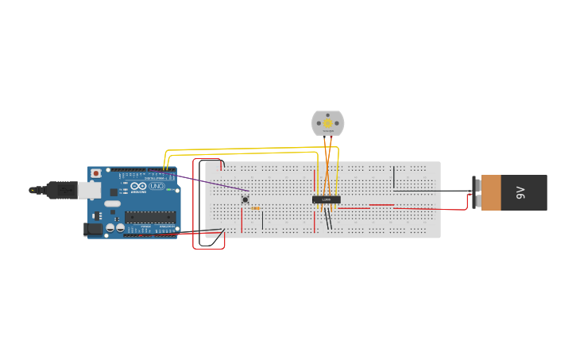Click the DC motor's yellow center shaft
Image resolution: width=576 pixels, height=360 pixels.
tap(327, 123)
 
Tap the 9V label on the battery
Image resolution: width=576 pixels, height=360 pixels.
tap(521, 192)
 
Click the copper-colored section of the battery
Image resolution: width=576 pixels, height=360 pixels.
tap(491, 192)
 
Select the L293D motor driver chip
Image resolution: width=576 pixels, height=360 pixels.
tap(327, 199)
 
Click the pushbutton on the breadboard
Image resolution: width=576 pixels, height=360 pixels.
tap(245, 199)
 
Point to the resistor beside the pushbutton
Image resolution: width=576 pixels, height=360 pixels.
tap(255, 208)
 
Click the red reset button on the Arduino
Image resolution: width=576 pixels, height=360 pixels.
tap(96, 173)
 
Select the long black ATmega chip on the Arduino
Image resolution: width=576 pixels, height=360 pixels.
tap(149, 216)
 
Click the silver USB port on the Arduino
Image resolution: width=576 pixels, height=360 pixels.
tap(89, 190)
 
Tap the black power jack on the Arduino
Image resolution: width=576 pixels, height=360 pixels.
tap(92, 229)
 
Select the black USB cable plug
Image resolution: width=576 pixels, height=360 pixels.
tap(60, 190)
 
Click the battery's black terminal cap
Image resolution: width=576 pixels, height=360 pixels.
tap(477, 192)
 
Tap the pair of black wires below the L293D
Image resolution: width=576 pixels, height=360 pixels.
tap(328, 219)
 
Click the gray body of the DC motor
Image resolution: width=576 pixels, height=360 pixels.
tap(318, 123)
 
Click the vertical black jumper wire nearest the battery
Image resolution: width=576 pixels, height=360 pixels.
tap(393, 177)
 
